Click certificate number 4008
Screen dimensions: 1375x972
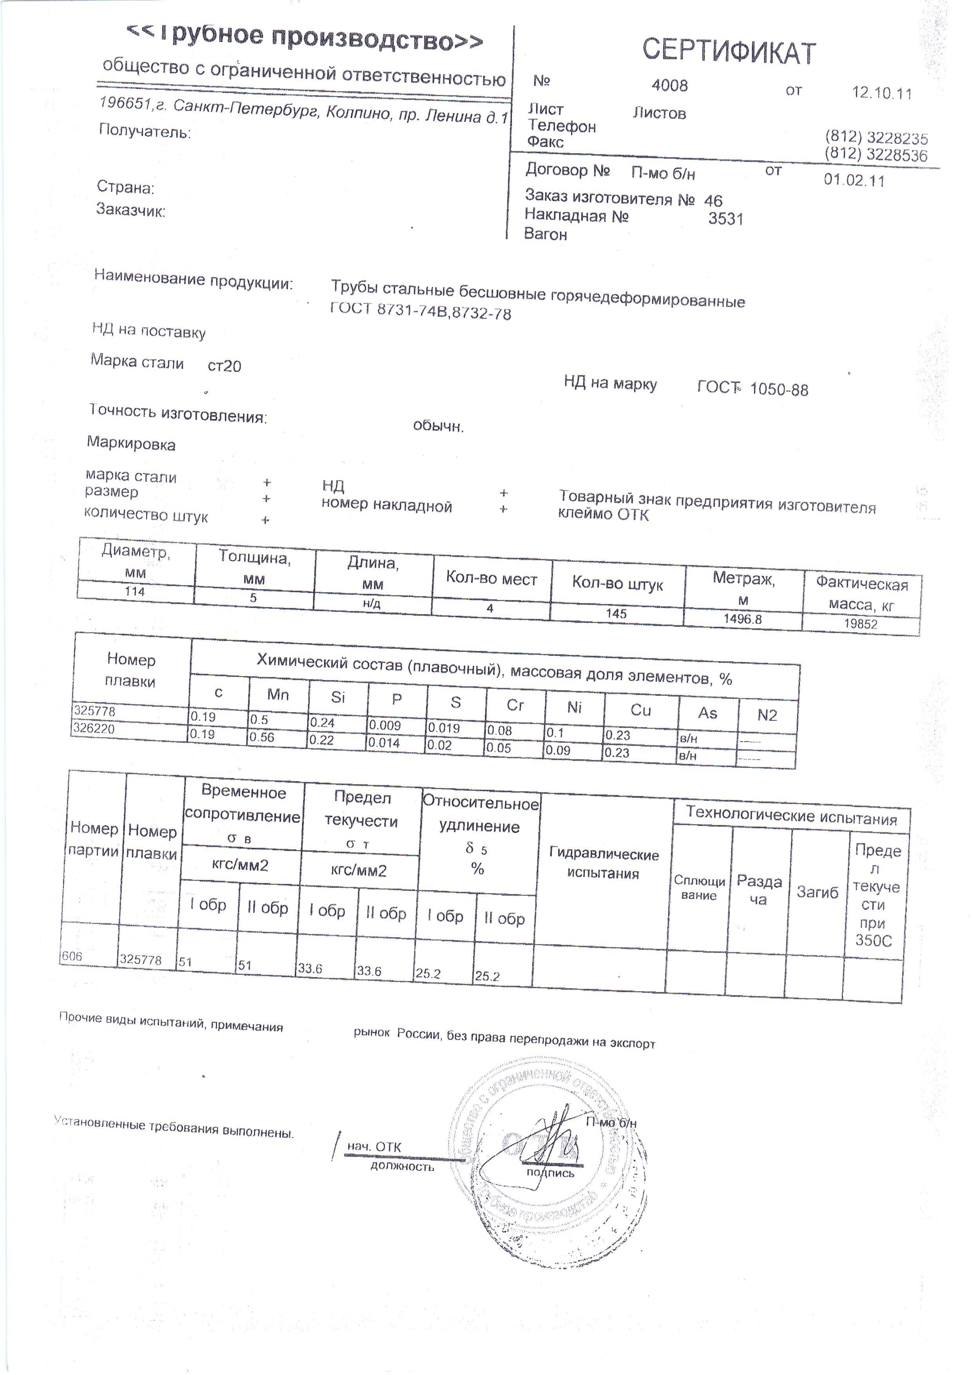coord(669,85)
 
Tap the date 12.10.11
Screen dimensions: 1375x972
coord(881,93)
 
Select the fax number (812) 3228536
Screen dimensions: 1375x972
coord(876,155)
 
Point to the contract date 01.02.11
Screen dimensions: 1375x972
coord(853,180)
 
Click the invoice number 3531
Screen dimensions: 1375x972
coord(725,219)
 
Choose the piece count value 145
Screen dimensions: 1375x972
coord(616,613)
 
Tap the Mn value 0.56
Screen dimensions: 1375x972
coord(262,737)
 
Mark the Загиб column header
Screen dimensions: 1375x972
coord(817,892)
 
